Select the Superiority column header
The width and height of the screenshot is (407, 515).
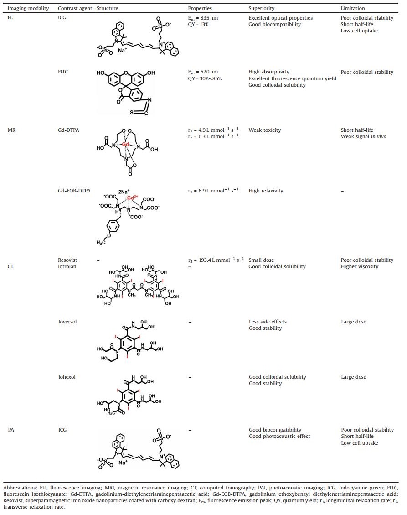262,8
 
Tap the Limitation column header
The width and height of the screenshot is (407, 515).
353,8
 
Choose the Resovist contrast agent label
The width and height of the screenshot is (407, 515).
68,260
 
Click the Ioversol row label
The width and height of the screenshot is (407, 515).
67,322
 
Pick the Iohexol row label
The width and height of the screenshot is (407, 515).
67,377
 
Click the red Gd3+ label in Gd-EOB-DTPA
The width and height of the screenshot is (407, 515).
133,198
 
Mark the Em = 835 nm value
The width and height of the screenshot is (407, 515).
203,18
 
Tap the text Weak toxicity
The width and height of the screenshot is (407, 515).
265,130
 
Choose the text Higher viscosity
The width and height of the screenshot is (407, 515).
360,266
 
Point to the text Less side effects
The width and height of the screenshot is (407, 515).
268,322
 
